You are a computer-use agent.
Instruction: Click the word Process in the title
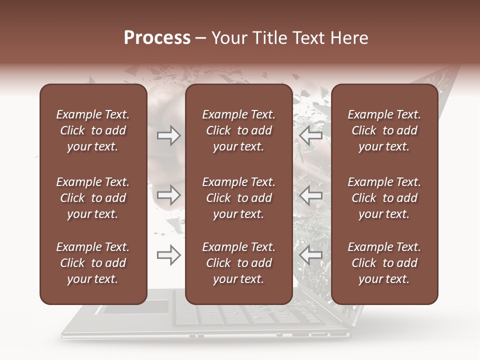tap(157, 38)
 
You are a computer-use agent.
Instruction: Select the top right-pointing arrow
tap(169, 135)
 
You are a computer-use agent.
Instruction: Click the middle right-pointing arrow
tap(169, 195)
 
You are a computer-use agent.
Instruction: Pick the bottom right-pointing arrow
tap(169, 255)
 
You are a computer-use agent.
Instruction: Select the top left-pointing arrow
tap(311, 135)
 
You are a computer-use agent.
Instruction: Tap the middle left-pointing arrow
tap(311, 195)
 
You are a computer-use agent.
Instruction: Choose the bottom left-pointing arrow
tap(311, 255)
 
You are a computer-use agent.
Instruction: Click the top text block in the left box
tap(93, 130)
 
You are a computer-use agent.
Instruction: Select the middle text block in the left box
tap(93, 198)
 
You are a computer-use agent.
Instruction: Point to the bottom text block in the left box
tap(93, 263)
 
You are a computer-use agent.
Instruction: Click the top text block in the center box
tap(238, 130)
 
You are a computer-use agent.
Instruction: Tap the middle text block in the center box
tap(238, 198)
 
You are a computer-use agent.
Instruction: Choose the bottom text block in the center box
tap(238, 263)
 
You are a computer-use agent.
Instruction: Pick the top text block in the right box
tap(384, 130)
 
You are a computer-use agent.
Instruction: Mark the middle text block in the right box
tap(384, 198)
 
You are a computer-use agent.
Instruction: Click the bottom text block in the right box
tap(384, 263)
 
